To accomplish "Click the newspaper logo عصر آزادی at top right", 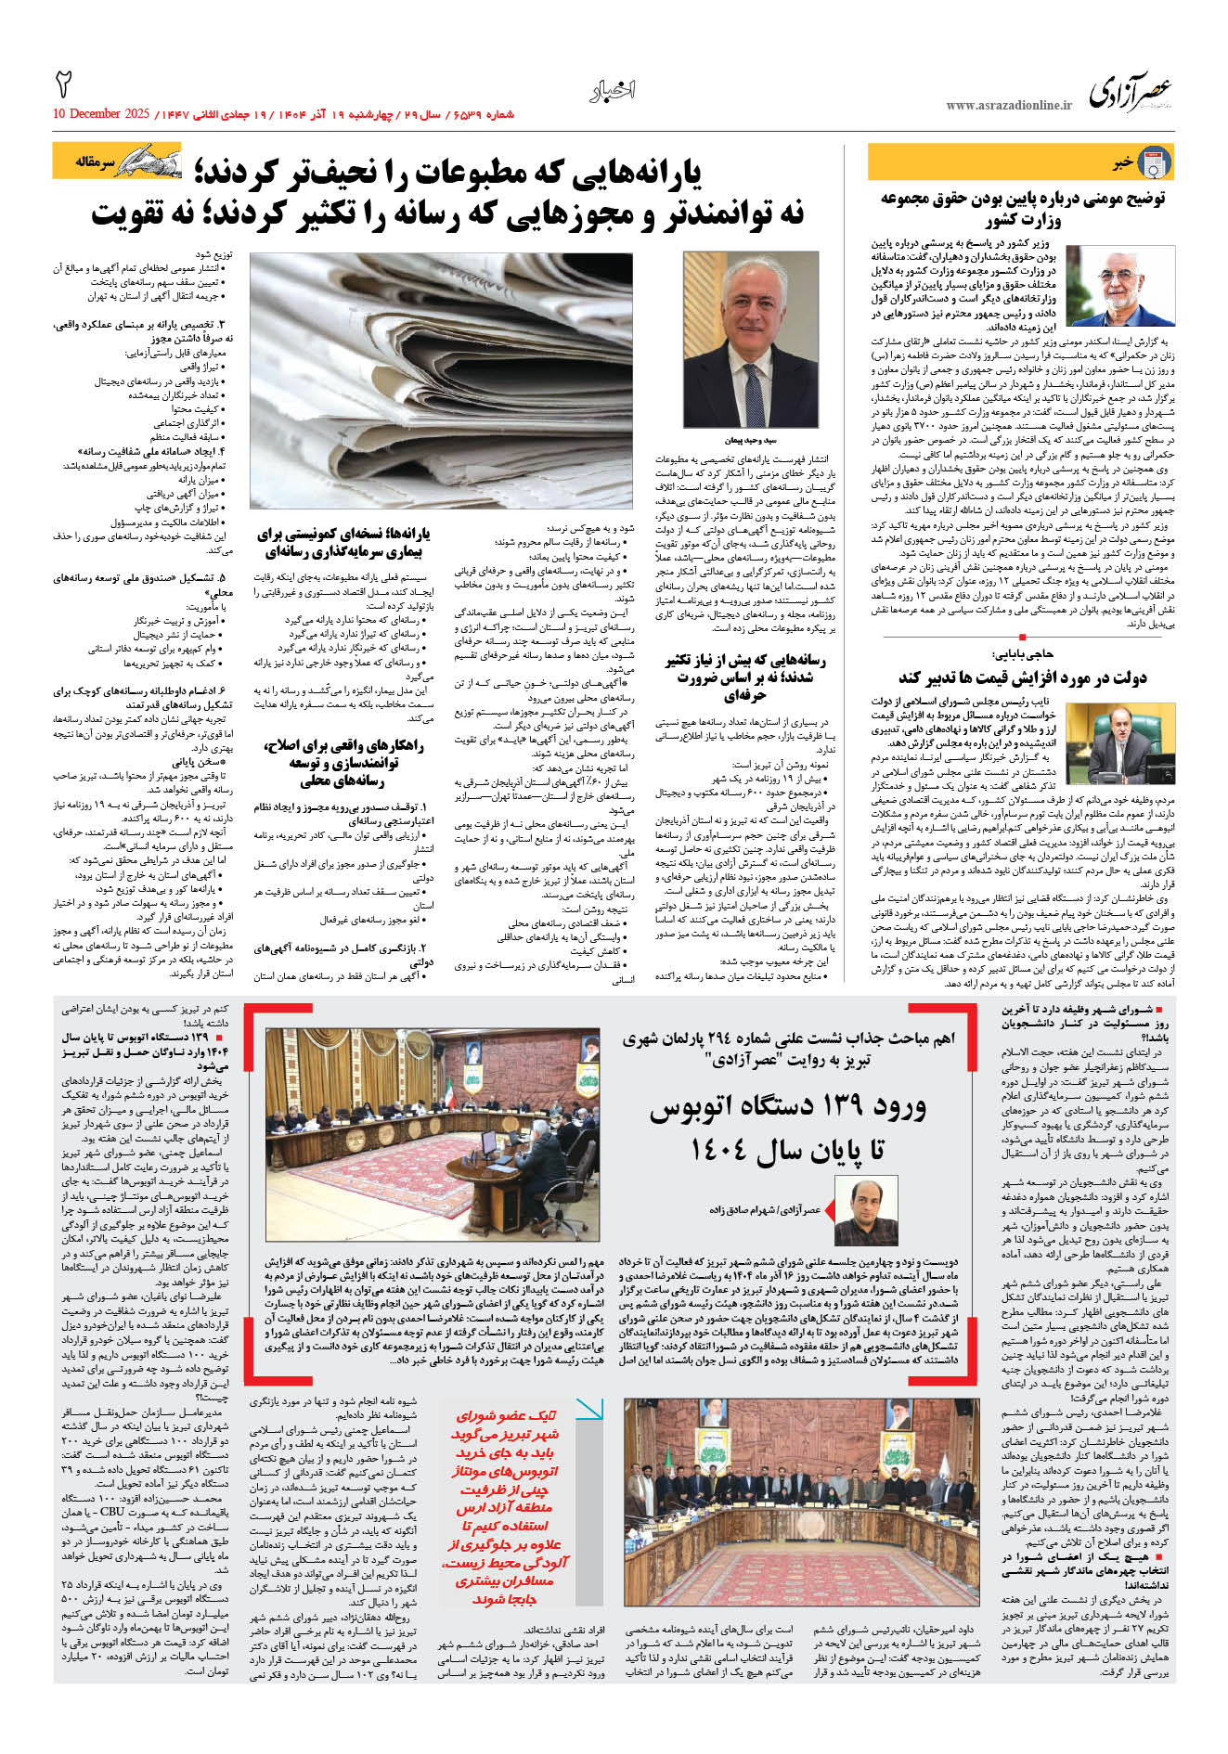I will pyautogui.click(x=1131, y=90).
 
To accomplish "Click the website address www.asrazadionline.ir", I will pyautogui.click(x=1008, y=106).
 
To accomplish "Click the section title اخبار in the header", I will pyautogui.click(x=613, y=90).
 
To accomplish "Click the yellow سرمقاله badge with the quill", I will pyautogui.click(x=117, y=161).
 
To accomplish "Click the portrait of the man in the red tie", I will pyautogui.click(x=750, y=339).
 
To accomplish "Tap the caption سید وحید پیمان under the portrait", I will pyautogui.click(x=750, y=440).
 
